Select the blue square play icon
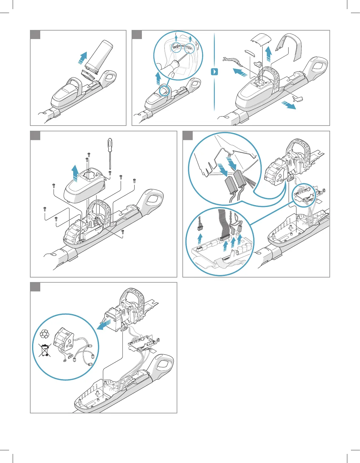click(214, 72)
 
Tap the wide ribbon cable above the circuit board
click(224, 224)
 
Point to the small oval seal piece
click(250, 53)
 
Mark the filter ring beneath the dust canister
click(87, 75)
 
